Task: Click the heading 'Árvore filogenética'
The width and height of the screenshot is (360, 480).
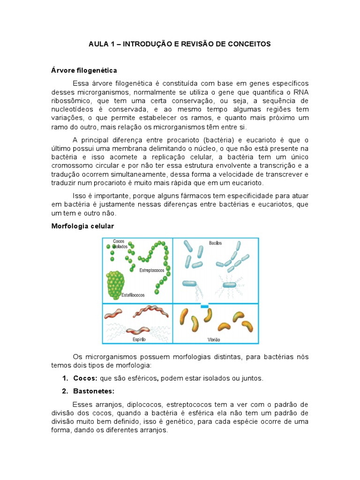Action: tap(84, 70)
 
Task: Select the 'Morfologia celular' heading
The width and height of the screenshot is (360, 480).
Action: tap(82, 226)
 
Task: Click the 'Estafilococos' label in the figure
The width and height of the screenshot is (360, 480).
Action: tap(134, 295)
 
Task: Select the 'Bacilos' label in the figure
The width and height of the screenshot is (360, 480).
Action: tap(216, 243)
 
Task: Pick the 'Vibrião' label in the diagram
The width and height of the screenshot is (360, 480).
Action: tap(214, 339)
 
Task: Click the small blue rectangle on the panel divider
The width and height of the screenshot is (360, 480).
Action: tap(204, 306)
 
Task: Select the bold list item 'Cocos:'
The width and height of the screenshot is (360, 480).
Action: tap(85, 378)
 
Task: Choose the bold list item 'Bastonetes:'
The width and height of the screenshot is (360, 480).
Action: tap(94, 391)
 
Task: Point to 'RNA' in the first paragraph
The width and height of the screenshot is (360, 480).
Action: tap(300, 91)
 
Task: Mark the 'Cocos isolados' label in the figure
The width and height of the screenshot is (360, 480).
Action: tap(120, 243)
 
